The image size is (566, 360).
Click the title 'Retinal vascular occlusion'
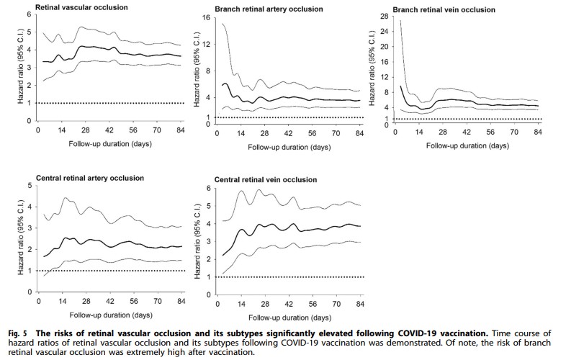[81, 7]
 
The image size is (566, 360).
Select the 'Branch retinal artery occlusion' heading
[269, 9]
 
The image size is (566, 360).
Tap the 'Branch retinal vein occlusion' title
[444, 10]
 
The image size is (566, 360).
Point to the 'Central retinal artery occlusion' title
[89, 178]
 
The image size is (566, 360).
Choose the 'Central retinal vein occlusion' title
[265, 180]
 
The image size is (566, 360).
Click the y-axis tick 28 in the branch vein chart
[384, 17]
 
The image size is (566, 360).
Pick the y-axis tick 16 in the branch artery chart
[206, 18]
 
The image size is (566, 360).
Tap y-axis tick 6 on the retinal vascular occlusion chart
[30, 14]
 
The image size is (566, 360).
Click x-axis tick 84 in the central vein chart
[360, 305]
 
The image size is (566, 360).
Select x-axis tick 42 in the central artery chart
[110, 301]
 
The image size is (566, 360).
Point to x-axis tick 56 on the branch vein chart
[490, 132]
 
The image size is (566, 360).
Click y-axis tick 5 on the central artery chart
[30, 186]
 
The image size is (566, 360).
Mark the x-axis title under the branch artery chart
[289, 147]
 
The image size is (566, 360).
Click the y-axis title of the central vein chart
[197, 241]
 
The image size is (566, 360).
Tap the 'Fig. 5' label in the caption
[17, 333]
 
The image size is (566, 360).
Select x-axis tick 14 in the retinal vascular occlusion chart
[62, 130]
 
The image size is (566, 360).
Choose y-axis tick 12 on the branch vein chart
[384, 77]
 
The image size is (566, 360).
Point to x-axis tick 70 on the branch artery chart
[336, 134]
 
